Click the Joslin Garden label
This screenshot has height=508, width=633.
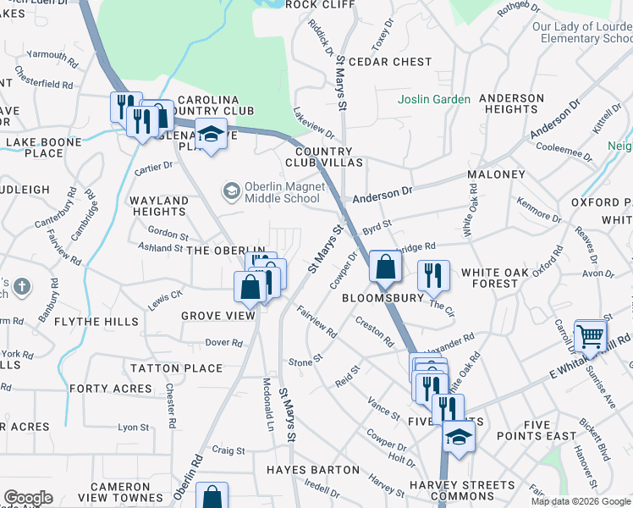[434, 99]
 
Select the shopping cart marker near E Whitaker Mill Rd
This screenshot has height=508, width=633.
[590, 334]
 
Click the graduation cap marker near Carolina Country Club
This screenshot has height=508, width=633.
[211, 134]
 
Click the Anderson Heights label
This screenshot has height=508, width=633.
[512, 103]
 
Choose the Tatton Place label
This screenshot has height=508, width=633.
[176, 368]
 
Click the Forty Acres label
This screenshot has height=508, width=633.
[111, 389]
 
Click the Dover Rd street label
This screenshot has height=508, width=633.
[223, 343]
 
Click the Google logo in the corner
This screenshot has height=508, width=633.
[28, 498]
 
